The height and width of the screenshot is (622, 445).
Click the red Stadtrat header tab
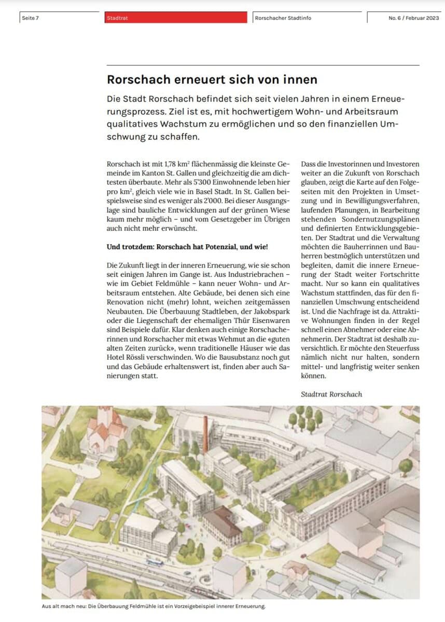(x=175, y=18)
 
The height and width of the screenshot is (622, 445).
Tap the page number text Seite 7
(x=31, y=18)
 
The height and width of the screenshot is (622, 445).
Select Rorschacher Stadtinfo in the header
(x=283, y=18)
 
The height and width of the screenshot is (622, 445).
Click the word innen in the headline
(x=298, y=80)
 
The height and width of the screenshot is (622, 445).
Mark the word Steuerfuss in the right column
(x=402, y=348)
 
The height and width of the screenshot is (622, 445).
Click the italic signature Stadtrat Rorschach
(x=331, y=394)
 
